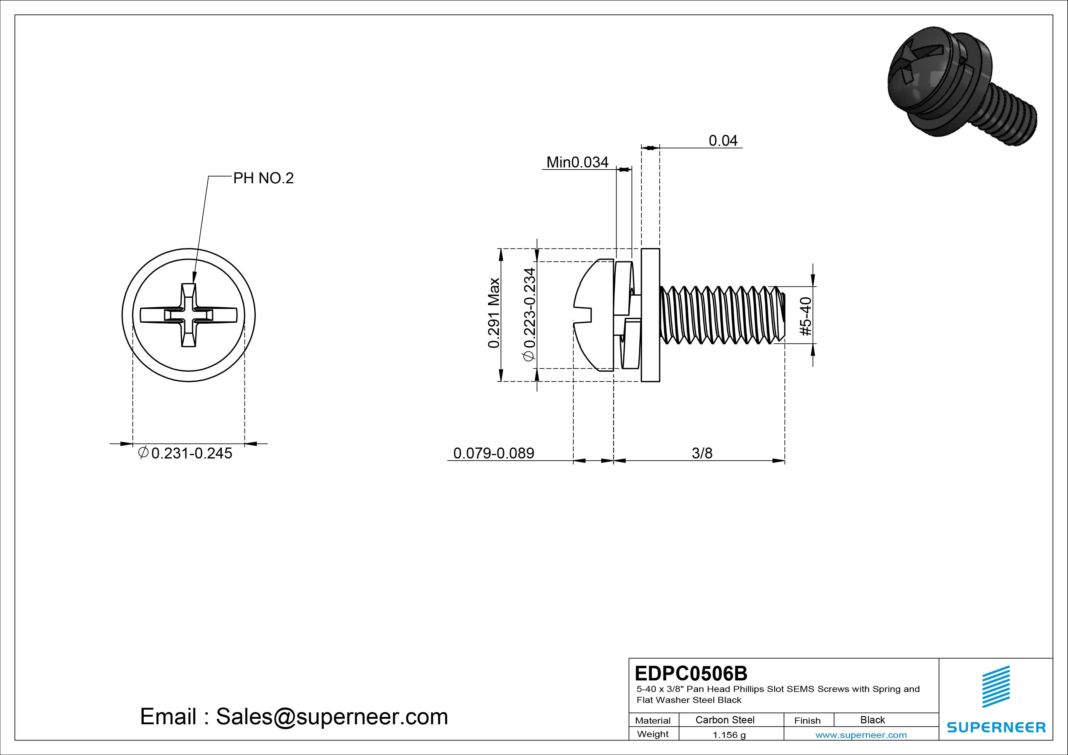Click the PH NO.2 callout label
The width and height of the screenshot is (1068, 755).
pos(263,178)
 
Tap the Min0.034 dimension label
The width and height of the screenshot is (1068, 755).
pos(577,162)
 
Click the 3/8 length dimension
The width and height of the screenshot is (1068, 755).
pos(702,453)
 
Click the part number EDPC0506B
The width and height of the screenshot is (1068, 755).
pos(691,673)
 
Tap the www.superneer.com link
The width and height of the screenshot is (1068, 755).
pos(861,735)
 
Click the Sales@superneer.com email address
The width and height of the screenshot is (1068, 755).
pos(332,717)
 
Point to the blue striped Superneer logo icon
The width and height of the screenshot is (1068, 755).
pos(996,687)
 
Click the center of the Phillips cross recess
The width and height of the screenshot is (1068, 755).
pos(188,315)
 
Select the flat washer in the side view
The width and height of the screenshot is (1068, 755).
pos(650,315)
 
